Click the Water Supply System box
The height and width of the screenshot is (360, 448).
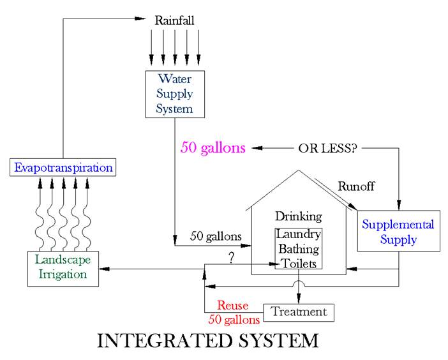pos(175,94)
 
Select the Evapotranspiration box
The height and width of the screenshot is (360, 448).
pos(63,169)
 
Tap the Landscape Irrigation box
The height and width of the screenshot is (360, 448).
pos(63,267)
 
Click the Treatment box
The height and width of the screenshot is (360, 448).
pos(299,312)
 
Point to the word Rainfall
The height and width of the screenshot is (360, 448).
pos(175,21)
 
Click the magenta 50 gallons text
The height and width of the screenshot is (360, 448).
pos(213,148)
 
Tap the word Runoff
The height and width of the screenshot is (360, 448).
pos(356,186)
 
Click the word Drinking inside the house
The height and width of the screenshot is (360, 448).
pos(298,216)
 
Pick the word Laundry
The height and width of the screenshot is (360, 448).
pos(298,234)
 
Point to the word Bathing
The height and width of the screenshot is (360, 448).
pos(298,248)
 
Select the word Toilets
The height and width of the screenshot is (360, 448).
pos(298,262)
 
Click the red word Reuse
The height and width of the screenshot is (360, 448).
pos(233,306)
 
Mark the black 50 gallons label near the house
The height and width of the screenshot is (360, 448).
pos(216,236)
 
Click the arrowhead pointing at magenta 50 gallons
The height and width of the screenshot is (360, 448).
pos(255,149)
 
